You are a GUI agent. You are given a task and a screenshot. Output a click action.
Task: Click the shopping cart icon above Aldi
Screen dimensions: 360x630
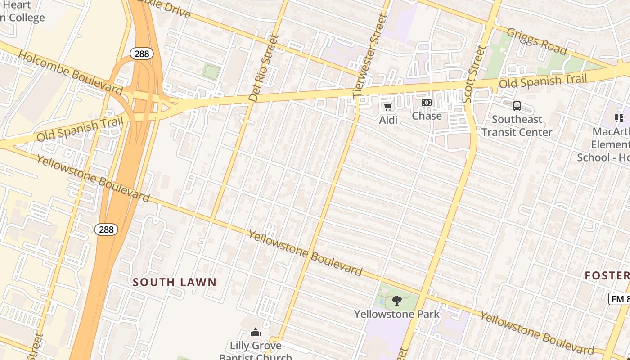point(388,107)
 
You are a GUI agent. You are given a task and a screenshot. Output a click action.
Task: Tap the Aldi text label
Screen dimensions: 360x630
point(388,120)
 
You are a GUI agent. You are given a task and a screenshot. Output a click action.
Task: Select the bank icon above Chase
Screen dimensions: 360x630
point(426,103)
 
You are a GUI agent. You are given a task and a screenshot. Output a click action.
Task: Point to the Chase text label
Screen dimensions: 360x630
point(427,116)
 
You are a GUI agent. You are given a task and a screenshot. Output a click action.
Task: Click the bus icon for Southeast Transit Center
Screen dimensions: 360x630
point(517,106)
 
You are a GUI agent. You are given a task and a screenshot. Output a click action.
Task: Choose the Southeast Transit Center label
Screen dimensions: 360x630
point(517,126)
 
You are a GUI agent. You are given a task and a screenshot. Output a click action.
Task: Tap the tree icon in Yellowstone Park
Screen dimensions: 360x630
point(396,300)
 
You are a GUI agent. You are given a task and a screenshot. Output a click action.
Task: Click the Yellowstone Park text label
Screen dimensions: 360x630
point(396,314)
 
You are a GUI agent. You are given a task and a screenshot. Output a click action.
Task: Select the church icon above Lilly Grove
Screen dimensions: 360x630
point(256,333)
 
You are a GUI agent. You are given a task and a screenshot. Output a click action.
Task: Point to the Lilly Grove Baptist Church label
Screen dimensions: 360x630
point(256,351)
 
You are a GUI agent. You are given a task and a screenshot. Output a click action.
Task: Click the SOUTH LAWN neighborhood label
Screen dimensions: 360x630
point(175,282)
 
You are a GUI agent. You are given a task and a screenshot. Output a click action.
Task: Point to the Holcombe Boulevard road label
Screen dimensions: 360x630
point(71,73)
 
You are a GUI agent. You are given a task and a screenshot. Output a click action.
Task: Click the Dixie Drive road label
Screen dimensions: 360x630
point(164,8)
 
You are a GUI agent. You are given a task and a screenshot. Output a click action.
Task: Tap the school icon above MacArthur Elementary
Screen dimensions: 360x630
point(619,118)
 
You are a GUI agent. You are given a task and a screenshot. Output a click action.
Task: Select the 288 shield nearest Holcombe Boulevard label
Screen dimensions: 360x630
point(142,54)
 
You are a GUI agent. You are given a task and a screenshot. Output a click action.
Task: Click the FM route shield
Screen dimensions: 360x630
point(620,299)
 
